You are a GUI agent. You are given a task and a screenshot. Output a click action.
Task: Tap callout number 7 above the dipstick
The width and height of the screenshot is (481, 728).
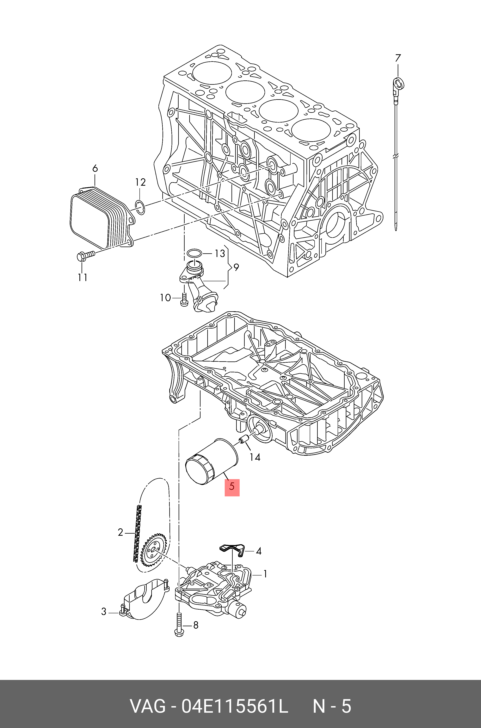(398, 58)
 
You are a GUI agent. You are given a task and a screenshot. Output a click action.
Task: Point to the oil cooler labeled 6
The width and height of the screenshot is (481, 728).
(98, 218)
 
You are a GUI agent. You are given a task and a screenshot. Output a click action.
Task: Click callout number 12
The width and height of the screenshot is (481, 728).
(140, 182)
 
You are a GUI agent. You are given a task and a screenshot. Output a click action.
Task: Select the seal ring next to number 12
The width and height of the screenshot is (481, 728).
(140, 207)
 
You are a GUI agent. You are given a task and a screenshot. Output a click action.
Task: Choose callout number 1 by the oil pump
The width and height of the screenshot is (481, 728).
(265, 574)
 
